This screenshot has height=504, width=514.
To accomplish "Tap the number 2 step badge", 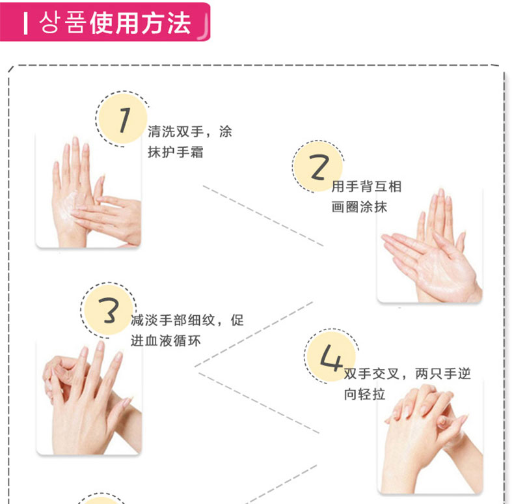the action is (318, 167).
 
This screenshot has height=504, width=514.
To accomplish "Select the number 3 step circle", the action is (109, 310).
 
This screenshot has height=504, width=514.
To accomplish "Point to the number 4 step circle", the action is (331, 356).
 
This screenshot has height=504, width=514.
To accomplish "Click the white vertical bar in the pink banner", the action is (25, 23).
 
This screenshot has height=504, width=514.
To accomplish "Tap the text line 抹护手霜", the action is (176, 152).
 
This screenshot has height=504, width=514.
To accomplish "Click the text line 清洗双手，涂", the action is (190, 132).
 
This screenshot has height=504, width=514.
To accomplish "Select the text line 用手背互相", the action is (366, 186).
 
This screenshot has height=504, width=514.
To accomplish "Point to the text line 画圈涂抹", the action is (359, 207).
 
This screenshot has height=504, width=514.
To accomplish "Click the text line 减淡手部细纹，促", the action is (187, 320).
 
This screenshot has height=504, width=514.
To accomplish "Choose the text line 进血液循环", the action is (165, 341).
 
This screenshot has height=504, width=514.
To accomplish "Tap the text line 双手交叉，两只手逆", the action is (407, 374).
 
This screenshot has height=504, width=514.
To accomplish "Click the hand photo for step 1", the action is (88, 190).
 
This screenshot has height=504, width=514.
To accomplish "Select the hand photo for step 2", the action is (430, 245).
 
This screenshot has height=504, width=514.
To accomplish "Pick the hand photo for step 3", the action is (89, 398).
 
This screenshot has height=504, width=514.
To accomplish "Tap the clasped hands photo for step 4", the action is (431, 437).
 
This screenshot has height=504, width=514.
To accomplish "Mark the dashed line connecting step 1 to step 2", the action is (264, 216).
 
